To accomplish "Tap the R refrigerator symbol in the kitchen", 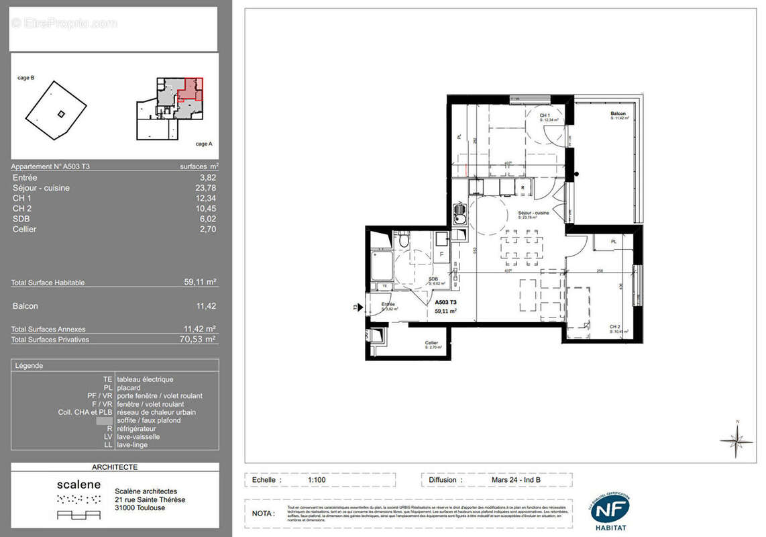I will (522, 187).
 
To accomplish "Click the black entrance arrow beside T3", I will (361, 308).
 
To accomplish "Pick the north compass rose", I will (736, 440).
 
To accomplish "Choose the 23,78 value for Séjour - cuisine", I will (207, 188).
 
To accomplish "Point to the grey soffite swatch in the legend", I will (105, 420).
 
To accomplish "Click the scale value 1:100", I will (318, 480).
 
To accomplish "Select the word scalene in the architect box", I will (78, 484).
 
